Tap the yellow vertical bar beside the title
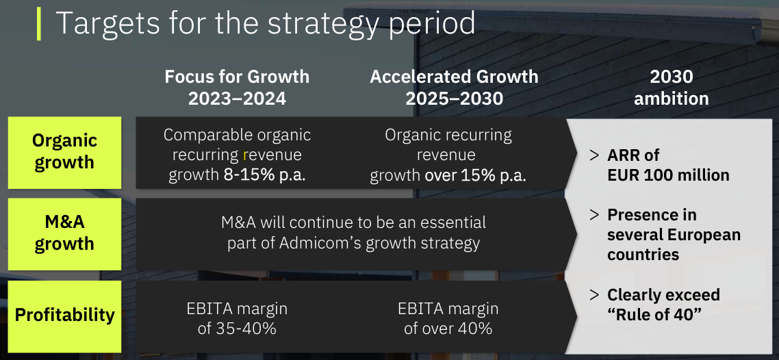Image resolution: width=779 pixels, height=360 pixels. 39,25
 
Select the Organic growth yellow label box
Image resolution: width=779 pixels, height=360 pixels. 64,153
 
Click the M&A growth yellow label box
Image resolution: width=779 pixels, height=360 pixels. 64,234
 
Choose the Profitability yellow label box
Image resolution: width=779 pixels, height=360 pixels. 64,316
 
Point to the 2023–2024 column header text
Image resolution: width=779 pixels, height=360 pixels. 237,99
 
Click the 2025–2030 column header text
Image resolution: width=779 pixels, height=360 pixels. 454,99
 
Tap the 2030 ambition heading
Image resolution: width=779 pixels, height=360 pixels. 672,88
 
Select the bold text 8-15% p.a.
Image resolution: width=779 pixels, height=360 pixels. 264,175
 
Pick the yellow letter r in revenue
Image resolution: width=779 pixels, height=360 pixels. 246,155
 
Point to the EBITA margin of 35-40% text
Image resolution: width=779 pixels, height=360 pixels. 237,318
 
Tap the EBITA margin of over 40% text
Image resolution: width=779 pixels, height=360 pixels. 448,318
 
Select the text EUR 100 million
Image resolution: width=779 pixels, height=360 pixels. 668,175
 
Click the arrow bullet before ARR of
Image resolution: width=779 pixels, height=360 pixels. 594,155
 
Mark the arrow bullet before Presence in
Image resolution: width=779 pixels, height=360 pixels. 594,215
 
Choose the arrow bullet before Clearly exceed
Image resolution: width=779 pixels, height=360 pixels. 594,295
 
